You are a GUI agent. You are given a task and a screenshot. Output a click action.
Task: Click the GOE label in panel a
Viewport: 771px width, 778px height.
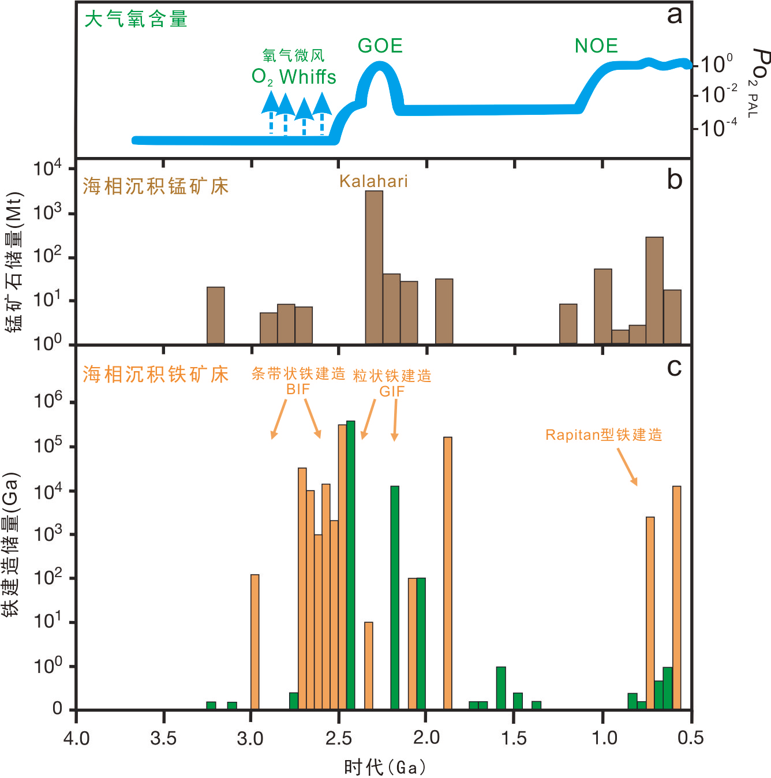pos(380,46)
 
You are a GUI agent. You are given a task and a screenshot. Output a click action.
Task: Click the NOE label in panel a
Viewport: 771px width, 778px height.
pos(596,46)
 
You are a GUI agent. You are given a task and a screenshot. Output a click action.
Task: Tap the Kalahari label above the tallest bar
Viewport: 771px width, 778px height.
pos(373,181)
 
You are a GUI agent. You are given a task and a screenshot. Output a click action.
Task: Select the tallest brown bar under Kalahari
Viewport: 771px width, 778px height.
pos(374,267)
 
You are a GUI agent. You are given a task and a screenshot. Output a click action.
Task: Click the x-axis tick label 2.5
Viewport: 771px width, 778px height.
pos(339,738)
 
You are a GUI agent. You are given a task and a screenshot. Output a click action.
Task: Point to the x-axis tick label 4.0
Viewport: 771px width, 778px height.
pos(76,738)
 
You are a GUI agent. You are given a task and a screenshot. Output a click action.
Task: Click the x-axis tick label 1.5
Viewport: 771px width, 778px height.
pos(514,738)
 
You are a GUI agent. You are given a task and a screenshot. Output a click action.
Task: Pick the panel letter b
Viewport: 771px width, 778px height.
pos(674,180)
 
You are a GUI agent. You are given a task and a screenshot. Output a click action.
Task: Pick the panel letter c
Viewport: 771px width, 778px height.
pos(674,367)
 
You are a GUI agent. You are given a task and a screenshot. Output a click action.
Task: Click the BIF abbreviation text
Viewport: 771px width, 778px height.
pos(298,390)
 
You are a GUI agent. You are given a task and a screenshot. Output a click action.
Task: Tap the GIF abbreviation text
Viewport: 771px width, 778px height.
pos(392,391)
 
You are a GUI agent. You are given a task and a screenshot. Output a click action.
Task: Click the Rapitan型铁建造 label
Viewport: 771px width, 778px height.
pos(604,435)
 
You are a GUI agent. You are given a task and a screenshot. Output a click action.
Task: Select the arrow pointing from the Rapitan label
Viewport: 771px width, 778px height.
pos(627,467)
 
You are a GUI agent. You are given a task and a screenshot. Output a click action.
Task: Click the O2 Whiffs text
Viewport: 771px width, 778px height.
pos(294,77)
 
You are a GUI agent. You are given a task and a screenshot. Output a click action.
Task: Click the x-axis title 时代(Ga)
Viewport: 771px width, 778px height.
pos(385,767)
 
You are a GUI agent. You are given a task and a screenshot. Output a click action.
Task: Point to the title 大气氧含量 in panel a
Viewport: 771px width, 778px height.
pos(136,20)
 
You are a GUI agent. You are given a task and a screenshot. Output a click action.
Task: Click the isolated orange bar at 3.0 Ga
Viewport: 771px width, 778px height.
pos(254,641)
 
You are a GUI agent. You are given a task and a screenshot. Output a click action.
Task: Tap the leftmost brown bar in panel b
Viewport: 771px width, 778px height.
pos(215,315)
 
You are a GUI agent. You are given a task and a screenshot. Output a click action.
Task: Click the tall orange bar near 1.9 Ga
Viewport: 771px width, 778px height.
pos(447,573)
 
